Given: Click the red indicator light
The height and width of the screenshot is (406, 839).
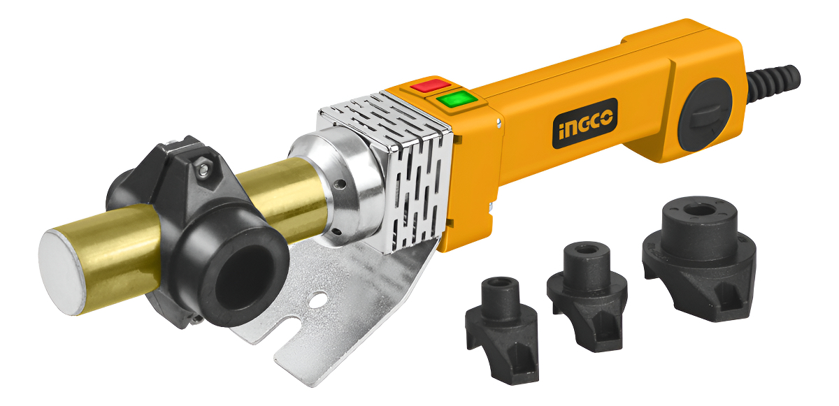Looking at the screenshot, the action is coord(431,86).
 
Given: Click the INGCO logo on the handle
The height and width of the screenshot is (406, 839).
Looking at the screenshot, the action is coord(585,124).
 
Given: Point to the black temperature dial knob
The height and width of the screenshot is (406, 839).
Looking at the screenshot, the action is coord(705,114).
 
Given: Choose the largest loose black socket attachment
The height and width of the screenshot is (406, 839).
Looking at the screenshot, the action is coord(699,257).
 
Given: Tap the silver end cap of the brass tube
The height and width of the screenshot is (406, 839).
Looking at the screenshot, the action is coord(62,272).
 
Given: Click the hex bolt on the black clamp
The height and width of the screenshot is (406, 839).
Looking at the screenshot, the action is coord(203,167).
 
